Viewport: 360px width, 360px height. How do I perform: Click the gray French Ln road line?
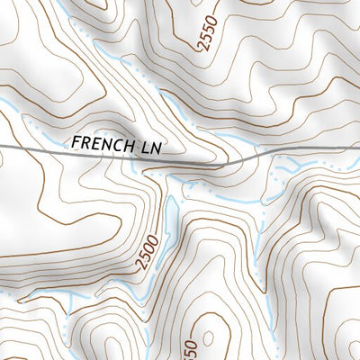(x=36, y=148)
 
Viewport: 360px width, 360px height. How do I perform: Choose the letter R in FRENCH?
(x=85, y=141)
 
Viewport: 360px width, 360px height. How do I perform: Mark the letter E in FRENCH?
(x=95, y=142)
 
